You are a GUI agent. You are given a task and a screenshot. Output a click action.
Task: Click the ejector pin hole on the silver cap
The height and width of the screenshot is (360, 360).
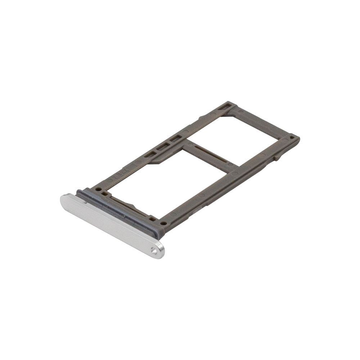pos(154,251)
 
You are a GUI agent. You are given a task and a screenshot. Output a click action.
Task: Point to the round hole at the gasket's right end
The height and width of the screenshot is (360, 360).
pos(164,223)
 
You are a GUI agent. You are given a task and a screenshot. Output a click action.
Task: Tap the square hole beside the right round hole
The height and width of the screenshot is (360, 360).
pos(153,218)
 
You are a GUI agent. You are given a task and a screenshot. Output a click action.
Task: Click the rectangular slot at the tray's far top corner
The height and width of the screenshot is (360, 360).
pos(225,107)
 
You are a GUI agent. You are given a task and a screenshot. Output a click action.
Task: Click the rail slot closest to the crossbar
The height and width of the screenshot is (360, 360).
pos(175,138)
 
